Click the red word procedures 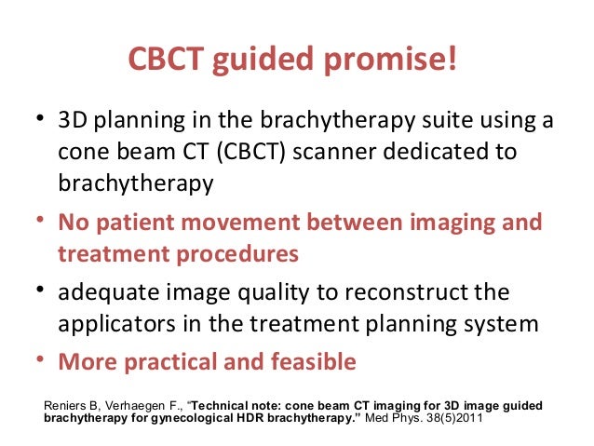click(x=240, y=254)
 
